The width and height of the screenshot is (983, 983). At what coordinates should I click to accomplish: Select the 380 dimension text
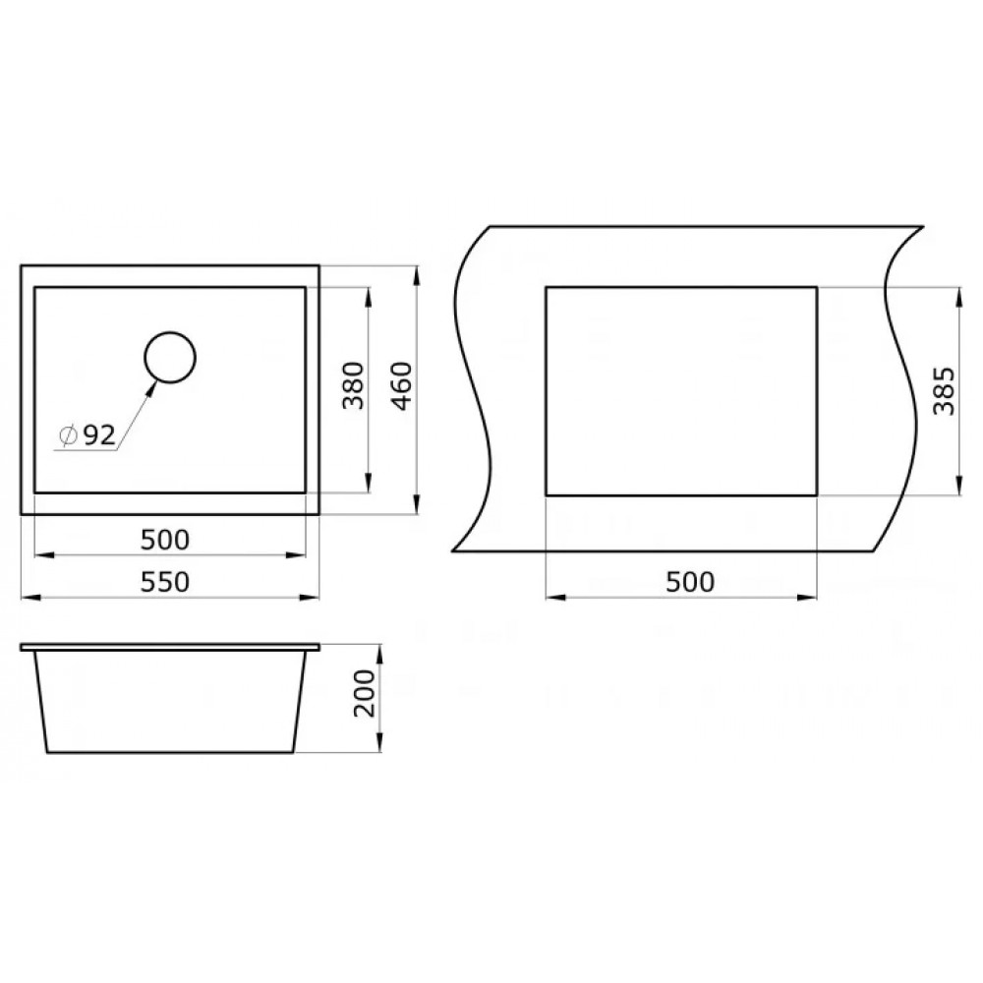pos(354,385)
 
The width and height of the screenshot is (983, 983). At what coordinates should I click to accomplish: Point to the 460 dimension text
pos(402,385)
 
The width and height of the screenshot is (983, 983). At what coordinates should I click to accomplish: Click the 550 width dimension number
pos(165,582)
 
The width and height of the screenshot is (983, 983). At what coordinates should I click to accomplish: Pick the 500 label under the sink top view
pos(165,540)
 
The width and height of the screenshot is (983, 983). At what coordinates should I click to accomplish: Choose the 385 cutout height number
pos(944,391)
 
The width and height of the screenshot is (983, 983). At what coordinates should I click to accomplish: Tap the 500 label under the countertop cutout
pos(690,582)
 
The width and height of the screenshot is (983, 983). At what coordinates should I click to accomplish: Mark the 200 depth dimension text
pos(364,693)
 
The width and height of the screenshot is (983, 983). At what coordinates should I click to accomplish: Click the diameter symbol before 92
pos(68,435)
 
